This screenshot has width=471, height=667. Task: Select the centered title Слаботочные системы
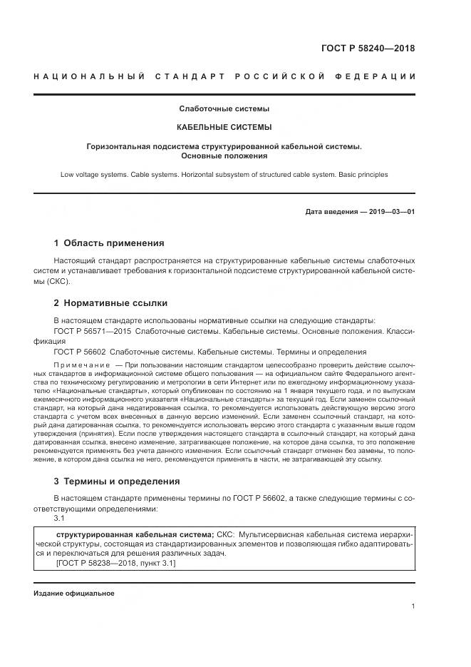224,109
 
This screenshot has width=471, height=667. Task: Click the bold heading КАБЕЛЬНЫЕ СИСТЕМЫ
224,128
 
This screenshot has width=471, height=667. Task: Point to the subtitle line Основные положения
224,156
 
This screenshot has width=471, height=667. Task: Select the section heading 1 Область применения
109,243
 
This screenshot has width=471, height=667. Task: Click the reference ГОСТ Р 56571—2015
93,332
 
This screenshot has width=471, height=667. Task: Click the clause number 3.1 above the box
59,519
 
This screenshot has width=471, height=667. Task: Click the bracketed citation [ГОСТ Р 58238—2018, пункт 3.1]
115,564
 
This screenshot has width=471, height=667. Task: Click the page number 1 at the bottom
413,606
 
